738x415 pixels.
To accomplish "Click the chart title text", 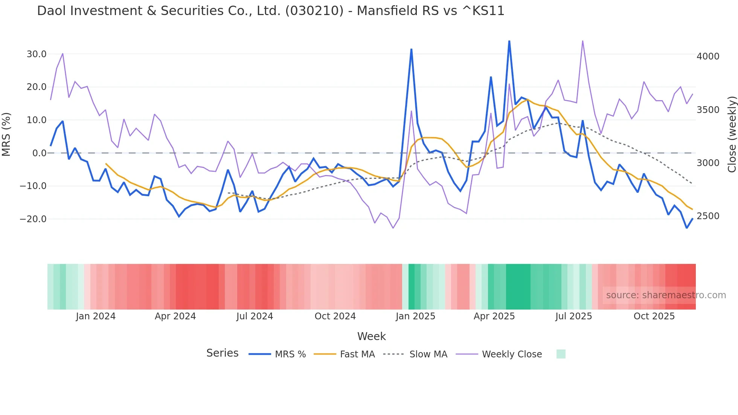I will click(270, 11).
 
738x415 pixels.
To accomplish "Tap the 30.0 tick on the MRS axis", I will click(37, 54).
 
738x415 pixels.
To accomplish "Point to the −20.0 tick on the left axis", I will click(34, 219).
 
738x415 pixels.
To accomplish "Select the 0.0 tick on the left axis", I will click(39, 153).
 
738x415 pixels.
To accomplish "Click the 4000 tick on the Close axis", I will click(708, 56).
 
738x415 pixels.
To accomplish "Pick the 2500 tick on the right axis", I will click(708, 216).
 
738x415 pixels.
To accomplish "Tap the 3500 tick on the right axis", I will click(708, 110).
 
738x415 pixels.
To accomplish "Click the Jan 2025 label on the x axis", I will click(415, 316).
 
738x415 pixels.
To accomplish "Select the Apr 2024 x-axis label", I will click(175, 316).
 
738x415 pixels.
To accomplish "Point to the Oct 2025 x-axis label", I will click(654, 316).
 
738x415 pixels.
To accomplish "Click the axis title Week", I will click(371, 336).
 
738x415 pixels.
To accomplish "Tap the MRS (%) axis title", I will click(6, 134).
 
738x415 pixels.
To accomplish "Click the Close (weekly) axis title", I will click(732, 134).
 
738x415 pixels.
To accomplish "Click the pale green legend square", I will click(561, 354).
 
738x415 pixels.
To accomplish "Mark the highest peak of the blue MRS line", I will click(509, 41).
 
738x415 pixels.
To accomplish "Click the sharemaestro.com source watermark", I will click(666, 295).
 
